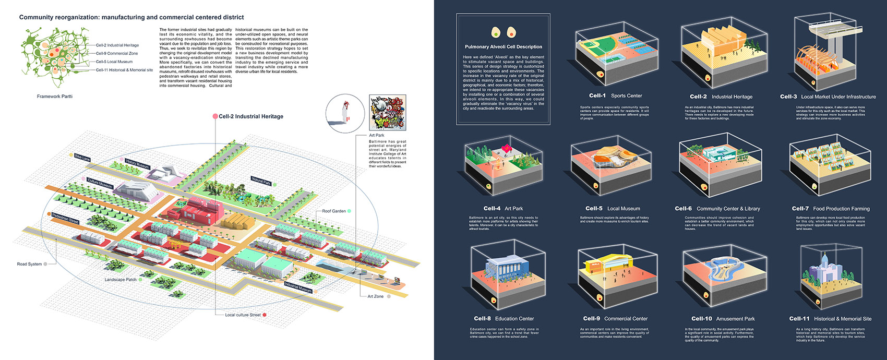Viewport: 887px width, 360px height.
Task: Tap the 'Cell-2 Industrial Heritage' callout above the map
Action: (250, 116)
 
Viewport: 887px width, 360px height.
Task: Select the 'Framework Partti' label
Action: (55, 97)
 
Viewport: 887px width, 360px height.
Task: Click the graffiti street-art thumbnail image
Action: (387, 112)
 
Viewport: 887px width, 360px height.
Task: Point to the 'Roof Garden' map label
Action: (334, 211)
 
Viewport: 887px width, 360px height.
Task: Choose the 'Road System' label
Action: (29, 264)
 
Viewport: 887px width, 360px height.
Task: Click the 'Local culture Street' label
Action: (243, 315)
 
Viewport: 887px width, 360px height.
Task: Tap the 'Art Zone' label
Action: (375, 296)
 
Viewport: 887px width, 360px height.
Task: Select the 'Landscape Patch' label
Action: (121, 280)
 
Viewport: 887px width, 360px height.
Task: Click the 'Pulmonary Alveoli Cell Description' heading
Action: (503, 47)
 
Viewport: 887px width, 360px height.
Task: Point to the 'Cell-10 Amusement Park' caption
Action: (723, 319)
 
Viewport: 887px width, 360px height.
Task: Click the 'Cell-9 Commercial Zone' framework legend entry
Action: (117, 53)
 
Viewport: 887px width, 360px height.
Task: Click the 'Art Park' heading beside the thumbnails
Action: (376, 135)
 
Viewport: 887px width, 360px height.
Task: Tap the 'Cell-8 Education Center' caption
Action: (504, 319)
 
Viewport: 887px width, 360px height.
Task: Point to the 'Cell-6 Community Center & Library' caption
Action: (717, 209)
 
